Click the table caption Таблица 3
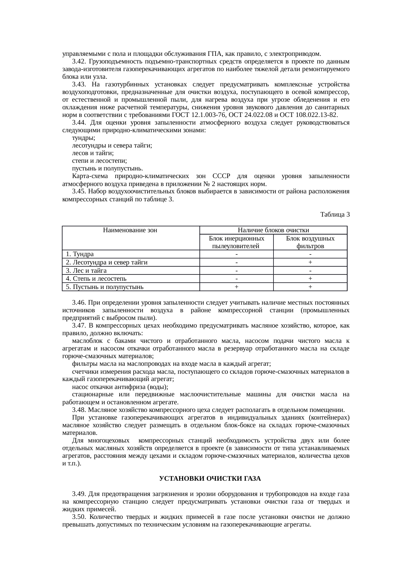(x=335, y=215)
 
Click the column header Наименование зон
(x=130, y=230)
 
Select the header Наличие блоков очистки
(x=273, y=230)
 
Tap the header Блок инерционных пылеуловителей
(x=236, y=242)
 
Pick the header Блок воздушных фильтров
(x=310, y=242)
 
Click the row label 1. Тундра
(x=80, y=254)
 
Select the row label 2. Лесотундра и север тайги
(x=107, y=262)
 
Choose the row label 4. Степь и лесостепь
(x=96, y=279)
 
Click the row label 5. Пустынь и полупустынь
(x=105, y=287)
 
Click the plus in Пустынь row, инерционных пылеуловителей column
(x=236, y=287)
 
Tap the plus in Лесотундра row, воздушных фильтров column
(x=310, y=262)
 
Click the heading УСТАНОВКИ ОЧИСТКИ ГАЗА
(x=210, y=479)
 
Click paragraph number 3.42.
(x=79, y=62)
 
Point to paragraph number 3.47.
(x=79, y=326)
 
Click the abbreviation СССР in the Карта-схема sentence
(x=221, y=176)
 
